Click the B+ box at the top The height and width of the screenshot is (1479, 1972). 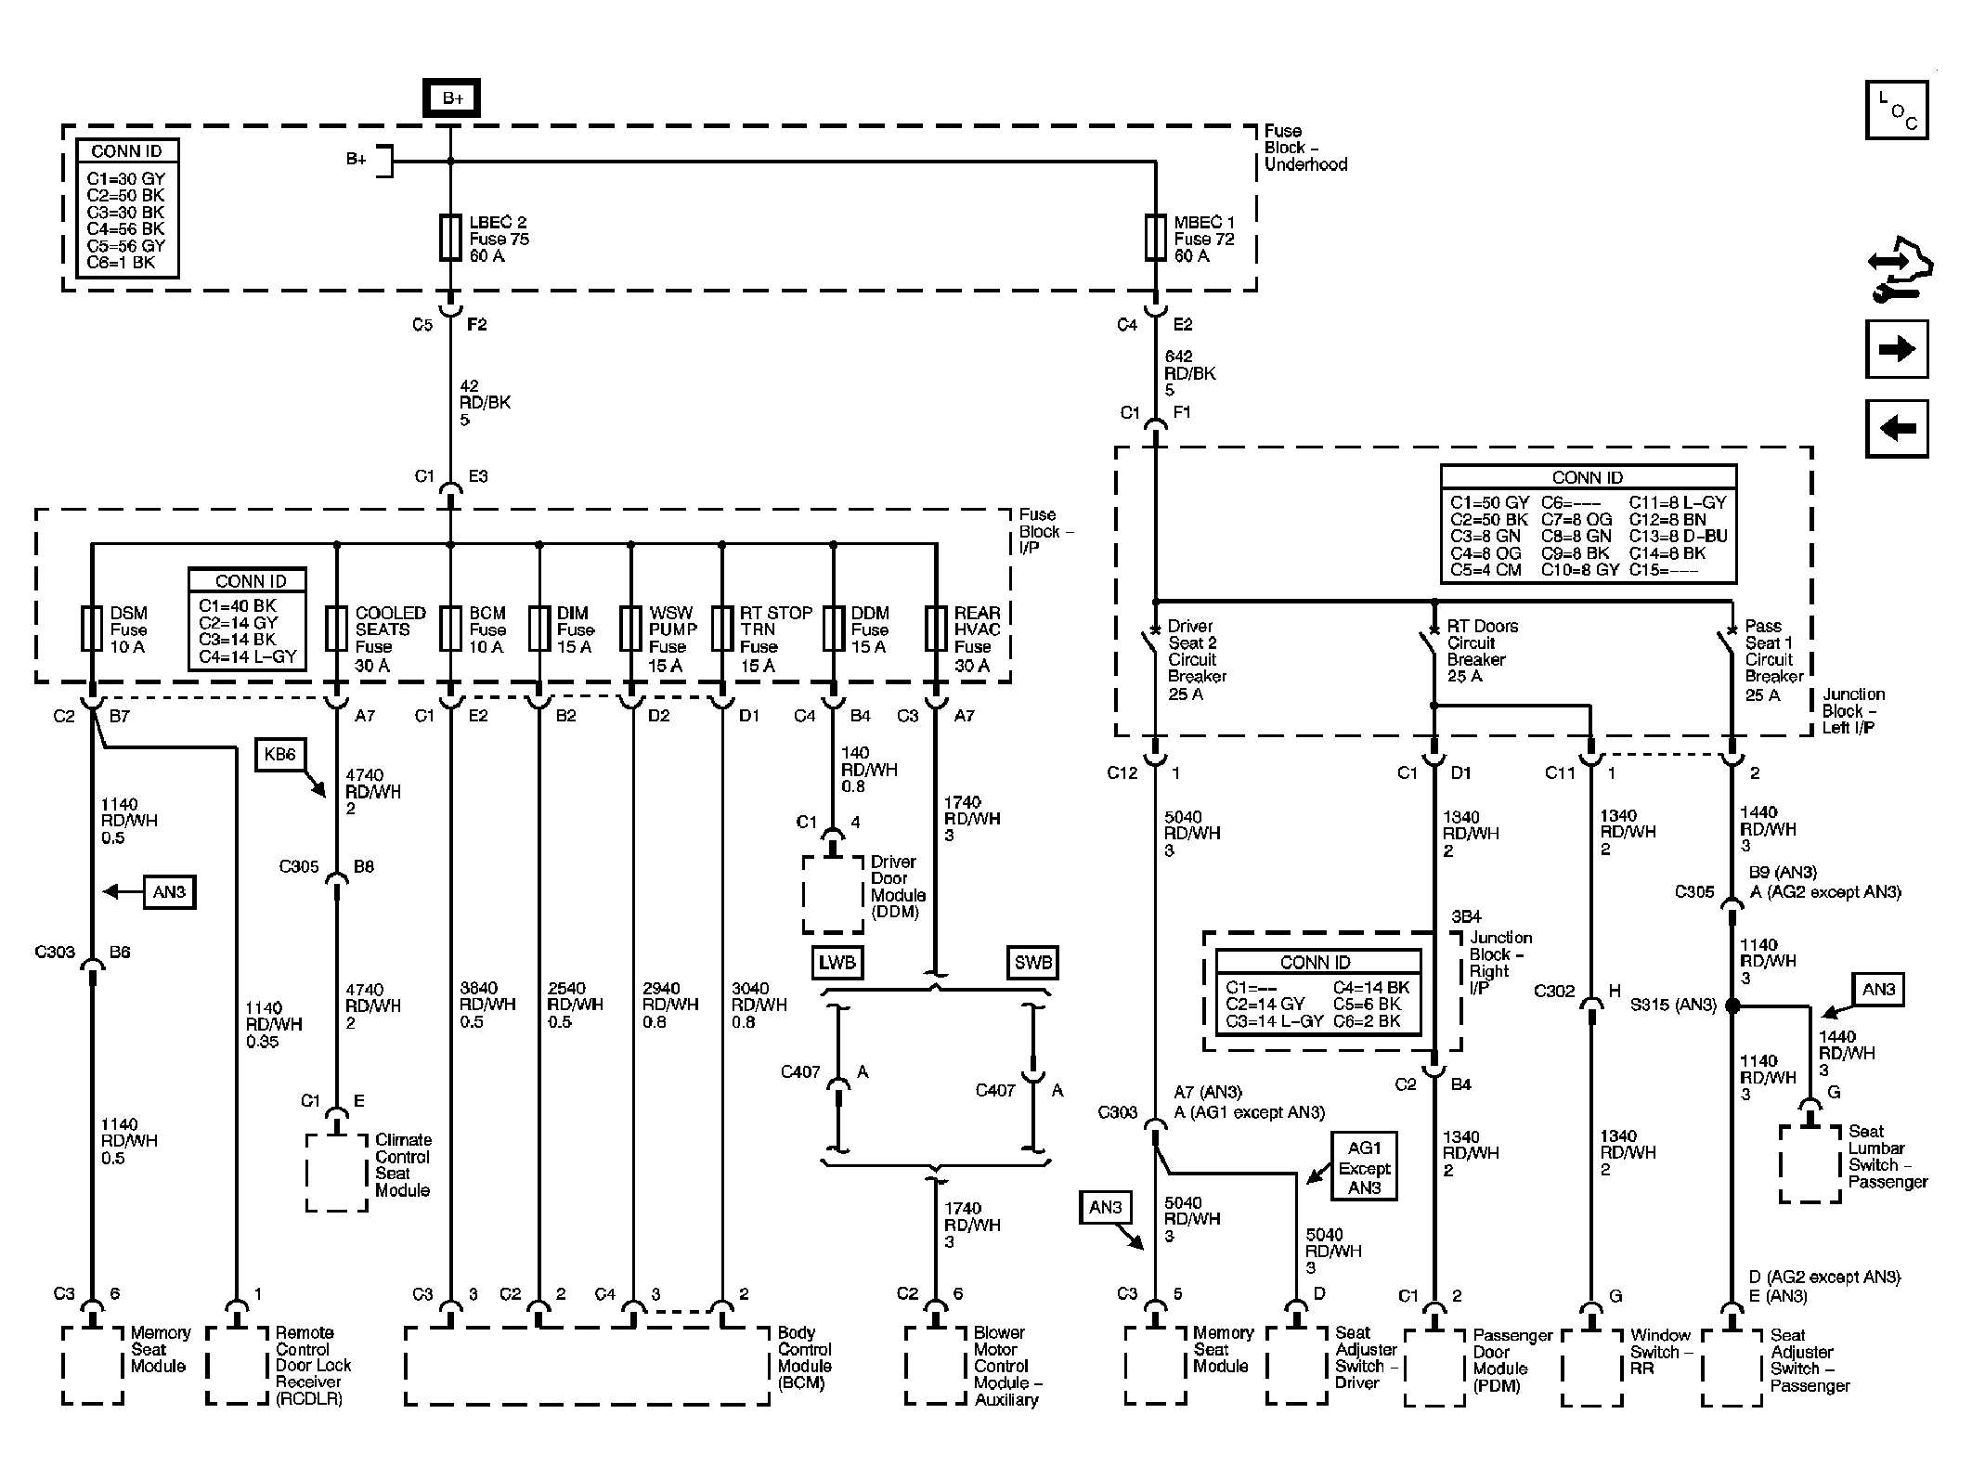coord(451,98)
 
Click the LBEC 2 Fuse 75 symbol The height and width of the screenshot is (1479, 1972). coord(450,238)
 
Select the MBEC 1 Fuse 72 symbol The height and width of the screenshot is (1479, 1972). coord(1155,238)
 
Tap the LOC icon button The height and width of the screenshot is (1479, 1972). coord(1896,110)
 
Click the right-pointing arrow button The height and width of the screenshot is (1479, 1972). coord(1896,349)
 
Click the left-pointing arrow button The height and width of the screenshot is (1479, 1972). coord(1896,428)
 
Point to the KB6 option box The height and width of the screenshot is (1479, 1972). coord(279,755)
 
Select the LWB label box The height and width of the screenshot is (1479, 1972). coord(837,963)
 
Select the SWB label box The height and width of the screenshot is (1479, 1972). coord(1032,963)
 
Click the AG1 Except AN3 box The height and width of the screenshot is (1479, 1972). coord(1364,1167)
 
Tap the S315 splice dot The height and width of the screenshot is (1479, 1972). coord(1732,1005)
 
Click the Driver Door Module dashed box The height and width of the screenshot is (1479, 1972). coord(833,893)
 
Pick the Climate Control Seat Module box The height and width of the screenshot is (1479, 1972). coord(336,1173)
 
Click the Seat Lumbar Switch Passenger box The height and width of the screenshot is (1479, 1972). coord(1810,1164)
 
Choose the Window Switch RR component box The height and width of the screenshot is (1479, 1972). coord(1592,1369)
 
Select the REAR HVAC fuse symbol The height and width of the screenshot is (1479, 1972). coord(935,629)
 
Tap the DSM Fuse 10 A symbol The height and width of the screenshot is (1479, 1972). coord(92,629)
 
